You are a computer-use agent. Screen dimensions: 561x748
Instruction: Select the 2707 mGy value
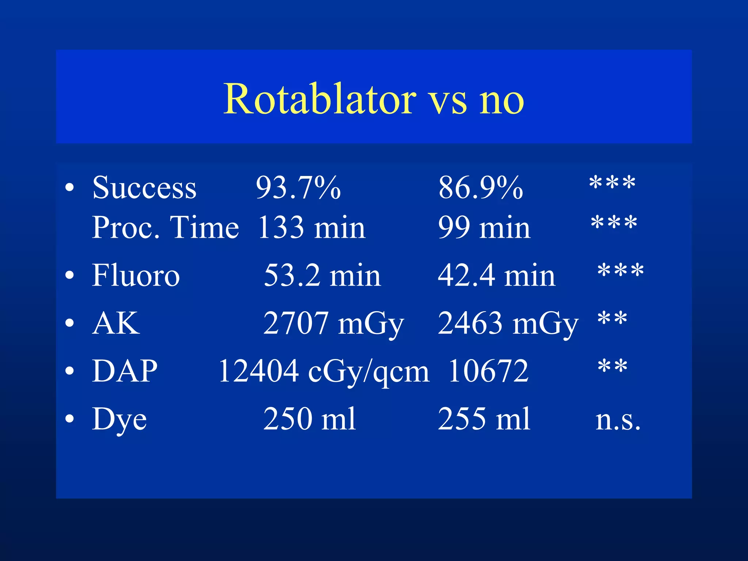(333, 324)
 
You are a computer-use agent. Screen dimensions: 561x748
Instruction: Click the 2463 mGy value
(508, 324)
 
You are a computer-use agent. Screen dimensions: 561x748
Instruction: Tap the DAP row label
(125, 371)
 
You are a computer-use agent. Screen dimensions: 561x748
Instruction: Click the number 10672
(488, 371)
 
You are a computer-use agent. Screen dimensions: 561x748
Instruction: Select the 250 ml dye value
(309, 419)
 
